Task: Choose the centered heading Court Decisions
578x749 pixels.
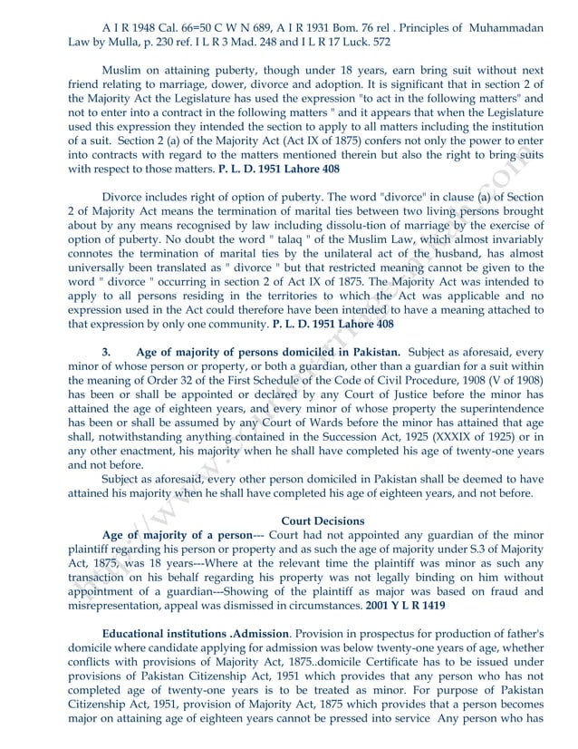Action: tap(323, 520)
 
